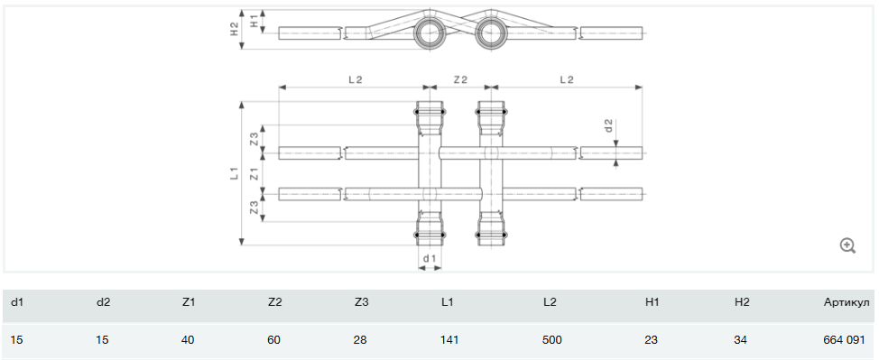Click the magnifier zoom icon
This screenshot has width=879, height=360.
[847, 245]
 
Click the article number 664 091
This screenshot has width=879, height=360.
[844, 340]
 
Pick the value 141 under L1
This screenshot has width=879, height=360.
[450, 340]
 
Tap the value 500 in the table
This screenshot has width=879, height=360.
[552, 340]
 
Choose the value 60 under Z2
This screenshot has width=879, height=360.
[274, 340]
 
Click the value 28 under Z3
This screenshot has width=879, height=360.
[360, 340]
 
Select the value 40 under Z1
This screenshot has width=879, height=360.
[189, 340]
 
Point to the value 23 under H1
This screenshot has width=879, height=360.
[652, 340]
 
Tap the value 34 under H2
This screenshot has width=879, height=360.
[740, 340]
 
